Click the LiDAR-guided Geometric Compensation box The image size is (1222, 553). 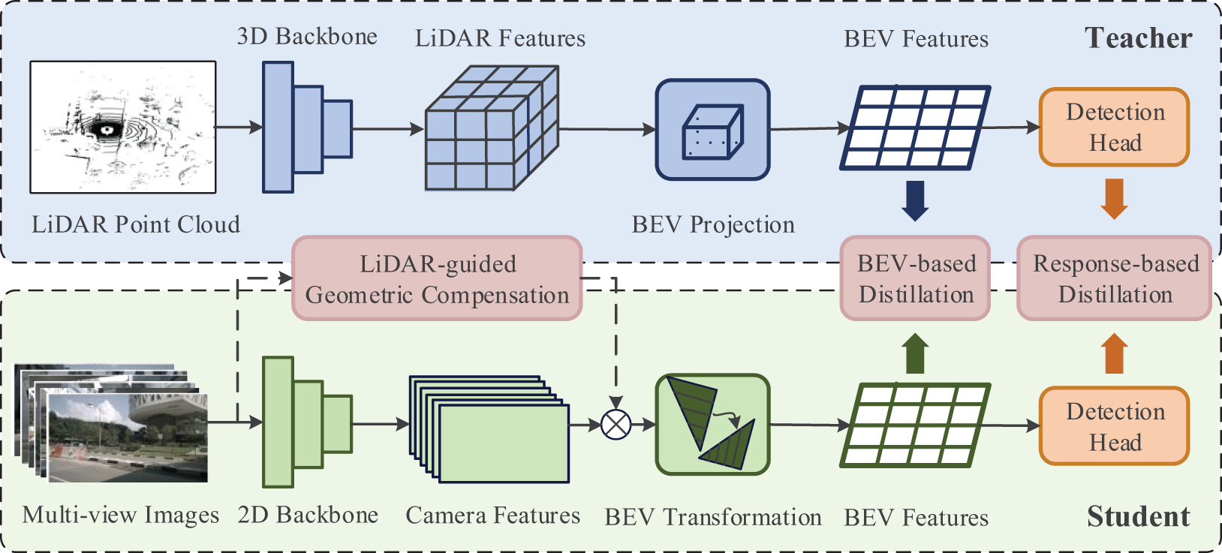(437, 278)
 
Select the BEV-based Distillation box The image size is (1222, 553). (916, 278)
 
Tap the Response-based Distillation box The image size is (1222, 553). (1115, 278)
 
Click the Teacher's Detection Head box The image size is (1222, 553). (1115, 127)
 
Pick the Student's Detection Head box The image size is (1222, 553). (1115, 426)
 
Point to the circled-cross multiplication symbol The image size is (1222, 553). (616, 424)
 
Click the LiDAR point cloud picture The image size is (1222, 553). (123, 127)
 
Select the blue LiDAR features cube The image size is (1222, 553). (492, 128)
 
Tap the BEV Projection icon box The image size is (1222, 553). (712, 129)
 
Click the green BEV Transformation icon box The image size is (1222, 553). (712, 424)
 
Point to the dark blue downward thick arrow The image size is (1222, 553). (916, 200)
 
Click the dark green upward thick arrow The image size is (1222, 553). (916, 353)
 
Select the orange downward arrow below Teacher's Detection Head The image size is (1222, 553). (1115, 199)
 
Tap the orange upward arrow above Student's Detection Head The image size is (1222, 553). (1115, 353)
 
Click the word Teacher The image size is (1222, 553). (1139, 38)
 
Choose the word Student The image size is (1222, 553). (1139, 516)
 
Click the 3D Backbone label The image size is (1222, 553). (307, 37)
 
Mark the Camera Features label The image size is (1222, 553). (492, 515)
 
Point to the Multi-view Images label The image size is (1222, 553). (121, 515)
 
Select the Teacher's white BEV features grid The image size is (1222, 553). (916, 127)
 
